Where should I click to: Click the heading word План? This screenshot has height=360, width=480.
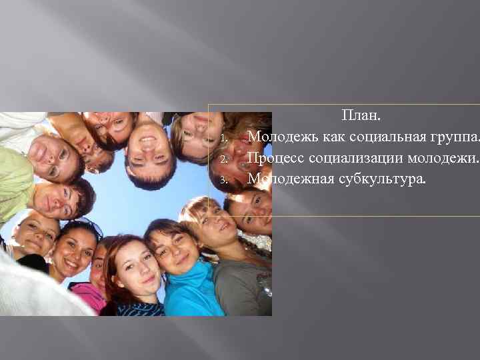click(x=361, y=116)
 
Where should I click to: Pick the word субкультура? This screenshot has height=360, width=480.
click(x=381, y=179)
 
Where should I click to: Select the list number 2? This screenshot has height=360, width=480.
click(x=225, y=160)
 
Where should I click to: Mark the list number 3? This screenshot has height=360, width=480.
click(x=225, y=180)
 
